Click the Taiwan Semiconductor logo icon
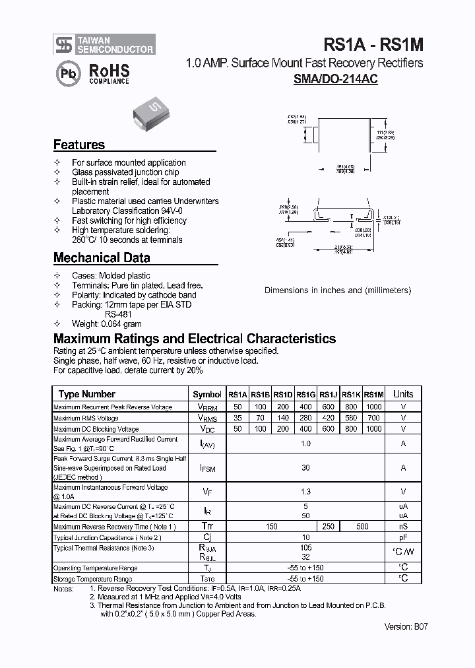(63, 45)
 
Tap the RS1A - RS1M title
(373, 44)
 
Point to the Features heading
(79, 145)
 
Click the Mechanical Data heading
(102, 258)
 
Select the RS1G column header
(305, 395)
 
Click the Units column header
(403, 394)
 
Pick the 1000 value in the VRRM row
(373, 408)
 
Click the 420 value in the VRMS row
(328, 418)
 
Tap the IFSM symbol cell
(207, 468)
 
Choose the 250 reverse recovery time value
(328, 526)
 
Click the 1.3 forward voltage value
(305, 492)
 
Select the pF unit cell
(403, 537)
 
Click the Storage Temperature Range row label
(96, 578)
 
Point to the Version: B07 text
(405, 627)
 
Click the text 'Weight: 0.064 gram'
(106, 324)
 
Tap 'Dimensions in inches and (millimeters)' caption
(338, 290)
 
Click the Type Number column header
(86, 394)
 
